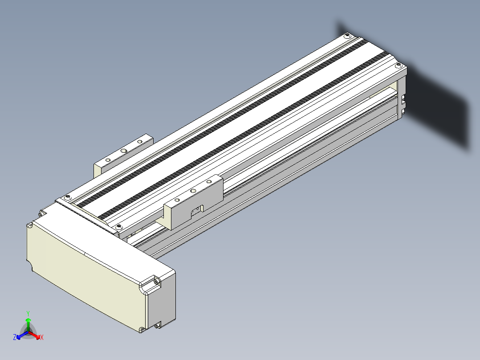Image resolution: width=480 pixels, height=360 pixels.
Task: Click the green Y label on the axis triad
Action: [x=28, y=313]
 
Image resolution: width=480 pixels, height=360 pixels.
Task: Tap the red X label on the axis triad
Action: [x=42, y=337]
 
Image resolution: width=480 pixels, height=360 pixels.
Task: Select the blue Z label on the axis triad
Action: [x=15, y=337]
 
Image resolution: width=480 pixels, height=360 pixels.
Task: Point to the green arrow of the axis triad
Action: [x=28, y=324]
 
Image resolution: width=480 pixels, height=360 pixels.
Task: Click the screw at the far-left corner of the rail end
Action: [x=347, y=36]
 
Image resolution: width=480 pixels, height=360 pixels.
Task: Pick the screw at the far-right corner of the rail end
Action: [x=398, y=65]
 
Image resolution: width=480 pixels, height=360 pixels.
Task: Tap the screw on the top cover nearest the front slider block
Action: [x=119, y=227]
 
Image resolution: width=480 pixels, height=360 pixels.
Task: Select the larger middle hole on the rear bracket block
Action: [x=124, y=151]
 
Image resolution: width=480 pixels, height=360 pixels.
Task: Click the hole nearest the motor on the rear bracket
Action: [x=108, y=160]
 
